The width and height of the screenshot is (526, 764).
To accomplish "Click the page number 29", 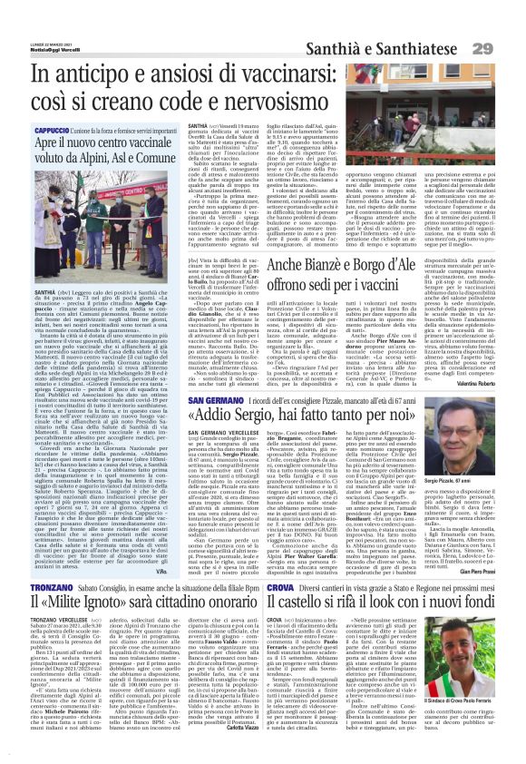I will (506, 46).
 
